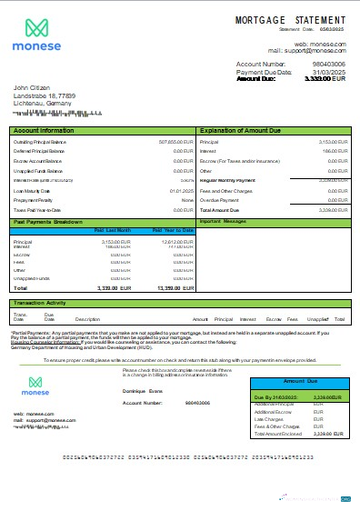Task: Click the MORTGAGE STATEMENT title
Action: [290, 19]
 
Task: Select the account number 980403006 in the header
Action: [328, 65]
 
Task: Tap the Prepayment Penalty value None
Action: [187, 201]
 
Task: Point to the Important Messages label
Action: [223, 221]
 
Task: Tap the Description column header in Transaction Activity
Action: [87, 320]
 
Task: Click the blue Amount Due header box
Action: [299, 382]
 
